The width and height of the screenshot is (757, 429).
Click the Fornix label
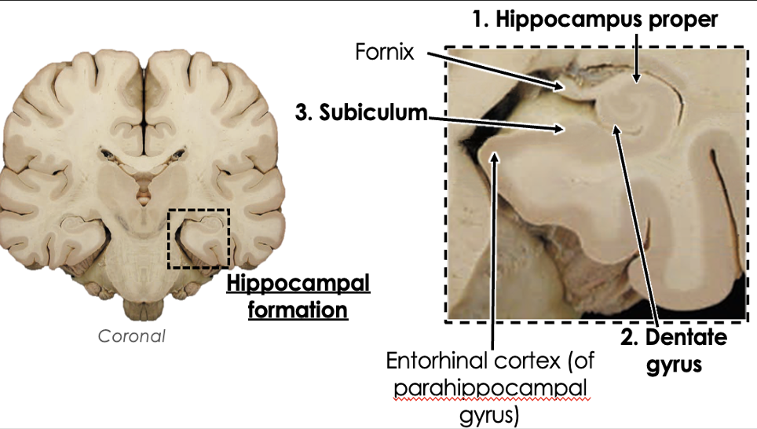[x=384, y=55]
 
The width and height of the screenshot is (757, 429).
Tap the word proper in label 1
[x=682, y=20]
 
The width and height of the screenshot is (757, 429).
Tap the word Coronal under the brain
[x=132, y=335]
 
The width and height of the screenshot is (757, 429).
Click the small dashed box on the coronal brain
[x=199, y=239]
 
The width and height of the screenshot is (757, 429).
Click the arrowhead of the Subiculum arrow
[x=562, y=128]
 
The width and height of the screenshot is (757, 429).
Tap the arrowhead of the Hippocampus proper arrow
[x=638, y=79]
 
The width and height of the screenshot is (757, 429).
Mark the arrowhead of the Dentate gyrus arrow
[x=616, y=125]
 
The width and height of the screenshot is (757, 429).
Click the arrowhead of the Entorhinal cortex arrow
[x=495, y=156]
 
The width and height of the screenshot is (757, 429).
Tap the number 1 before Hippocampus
[x=477, y=20]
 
